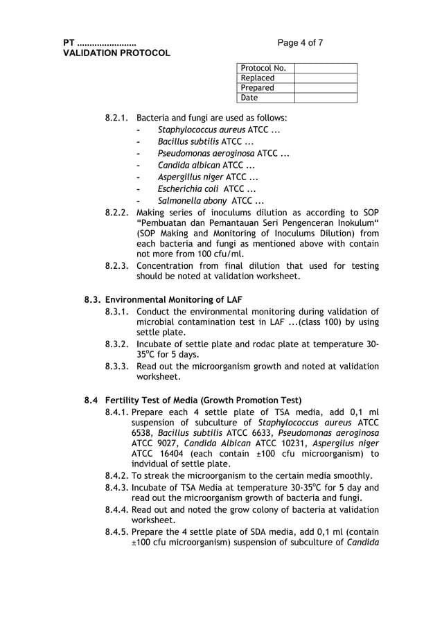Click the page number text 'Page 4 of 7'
(x=300, y=43)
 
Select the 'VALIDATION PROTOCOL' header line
(x=116, y=53)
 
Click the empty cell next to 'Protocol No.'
(x=326, y=68)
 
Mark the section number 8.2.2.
(x=117, y=213)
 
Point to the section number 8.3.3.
(x=117, y=366)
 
